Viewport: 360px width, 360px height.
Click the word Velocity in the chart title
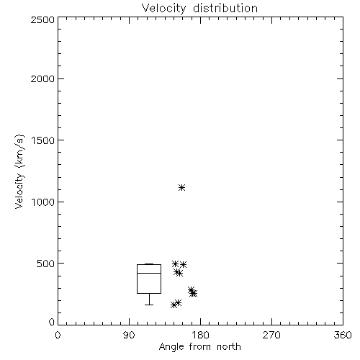(x=163, y=9)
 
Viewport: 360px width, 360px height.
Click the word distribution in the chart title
(x=225, y=8)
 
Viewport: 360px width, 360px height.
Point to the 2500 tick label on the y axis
(x=42, y=19)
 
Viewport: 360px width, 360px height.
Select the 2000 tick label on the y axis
(x=42, y=78)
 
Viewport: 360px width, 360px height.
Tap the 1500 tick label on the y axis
(x=43, y=140)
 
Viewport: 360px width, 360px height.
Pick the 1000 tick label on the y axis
(x=43, y=202)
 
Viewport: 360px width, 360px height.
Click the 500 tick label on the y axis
(x=46, y=264)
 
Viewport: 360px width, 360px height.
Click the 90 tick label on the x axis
(x=129, y=335)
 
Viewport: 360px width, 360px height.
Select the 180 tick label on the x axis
(x=200, y=335)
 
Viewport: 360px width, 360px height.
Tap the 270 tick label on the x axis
(x=271, y=335)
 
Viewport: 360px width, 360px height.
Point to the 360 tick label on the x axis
(x=343, y=335)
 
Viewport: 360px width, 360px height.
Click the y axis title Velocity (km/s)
(x=19, y=171)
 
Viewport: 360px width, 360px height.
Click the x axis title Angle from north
(x=200, y=347)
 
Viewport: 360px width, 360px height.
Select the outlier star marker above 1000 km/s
(x=181, y=187)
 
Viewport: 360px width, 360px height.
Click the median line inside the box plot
(x=149, y=273)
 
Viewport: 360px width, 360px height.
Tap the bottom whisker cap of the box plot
(x=149, y=305)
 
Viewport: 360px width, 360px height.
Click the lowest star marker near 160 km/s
(x=174, y=305)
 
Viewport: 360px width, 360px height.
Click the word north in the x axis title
(x=229, y=347)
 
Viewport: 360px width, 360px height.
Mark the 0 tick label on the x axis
(x=58, y=335)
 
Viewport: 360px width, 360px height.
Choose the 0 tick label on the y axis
(x=52, y=322)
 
